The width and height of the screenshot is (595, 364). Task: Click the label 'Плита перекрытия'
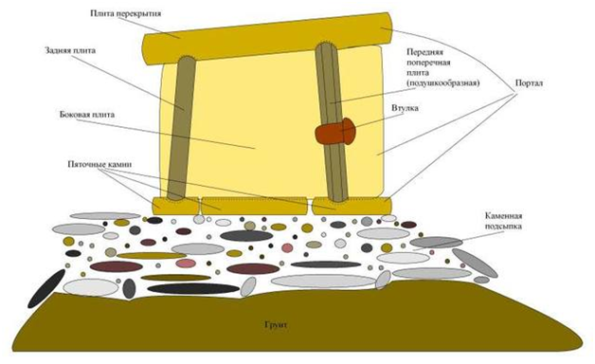pyautogui.click(x=126, y=13)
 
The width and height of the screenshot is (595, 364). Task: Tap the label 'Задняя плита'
pyautogui.click(x=70, y=50)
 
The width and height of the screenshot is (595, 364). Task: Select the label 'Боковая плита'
pyautogui.click(x=87, y=115)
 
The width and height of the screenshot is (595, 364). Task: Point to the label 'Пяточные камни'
pyautogui.click(x=99, y=164)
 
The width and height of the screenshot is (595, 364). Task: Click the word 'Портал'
pyautogui.click(x=529, y=83)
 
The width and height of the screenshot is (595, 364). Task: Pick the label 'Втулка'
pyautogui.click(x=405, y=108)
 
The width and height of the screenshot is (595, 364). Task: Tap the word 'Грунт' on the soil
pyautogui.click(x=275, y=325)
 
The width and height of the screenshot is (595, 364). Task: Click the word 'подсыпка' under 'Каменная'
pyautogui.click(x=503, y=227)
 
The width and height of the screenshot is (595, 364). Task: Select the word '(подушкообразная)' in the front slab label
pyautogui.click(x=442, y=82)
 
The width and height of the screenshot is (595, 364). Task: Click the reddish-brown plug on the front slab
pyautogui.click(x=335, y=131)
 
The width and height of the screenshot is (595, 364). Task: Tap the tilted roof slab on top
pyautogui.click(x=267, y=38)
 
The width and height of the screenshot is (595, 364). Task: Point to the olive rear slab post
pyautogui.click(x=182, y=128)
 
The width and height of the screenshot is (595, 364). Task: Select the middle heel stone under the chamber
pyautogui.click(x=254, y=206)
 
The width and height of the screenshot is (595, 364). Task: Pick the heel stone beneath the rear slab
pyautogui.click(x=175, y=206)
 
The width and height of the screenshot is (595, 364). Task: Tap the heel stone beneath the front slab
pyautogui.click(x=352, y=206)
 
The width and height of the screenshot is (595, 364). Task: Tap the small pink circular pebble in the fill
pyautogui.click(x=287, y=247)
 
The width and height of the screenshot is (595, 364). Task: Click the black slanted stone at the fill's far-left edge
pyautogui.click(x=46, y=288)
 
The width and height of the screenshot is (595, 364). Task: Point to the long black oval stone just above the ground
pyautogui.click(x=193, y=289)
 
